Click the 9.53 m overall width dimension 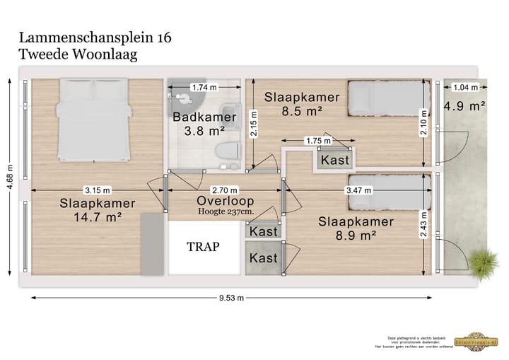click(231, 298)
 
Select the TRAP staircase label click(203, 247)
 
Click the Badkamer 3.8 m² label click(199, 124)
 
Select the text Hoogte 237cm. click(226, 211)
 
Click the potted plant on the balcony click(484, 265)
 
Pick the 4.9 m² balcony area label click(464, 107)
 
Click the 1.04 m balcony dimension click(464, 88)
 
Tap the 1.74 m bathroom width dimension click(204, 88)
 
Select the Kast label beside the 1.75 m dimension click(335, 161)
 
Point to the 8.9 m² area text click(356, 236)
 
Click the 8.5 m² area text click(302, 110)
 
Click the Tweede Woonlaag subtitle click(78, 53)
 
